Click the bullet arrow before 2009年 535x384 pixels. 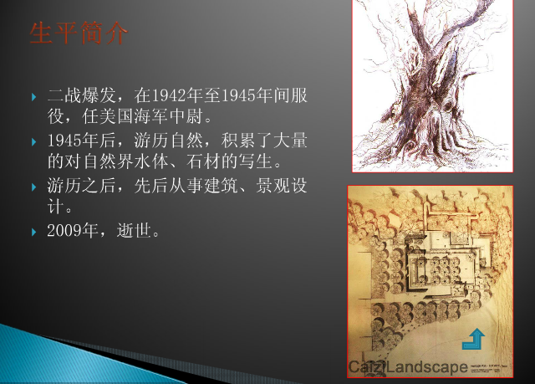coord(34,229)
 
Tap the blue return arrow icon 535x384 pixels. coord(473,339)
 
